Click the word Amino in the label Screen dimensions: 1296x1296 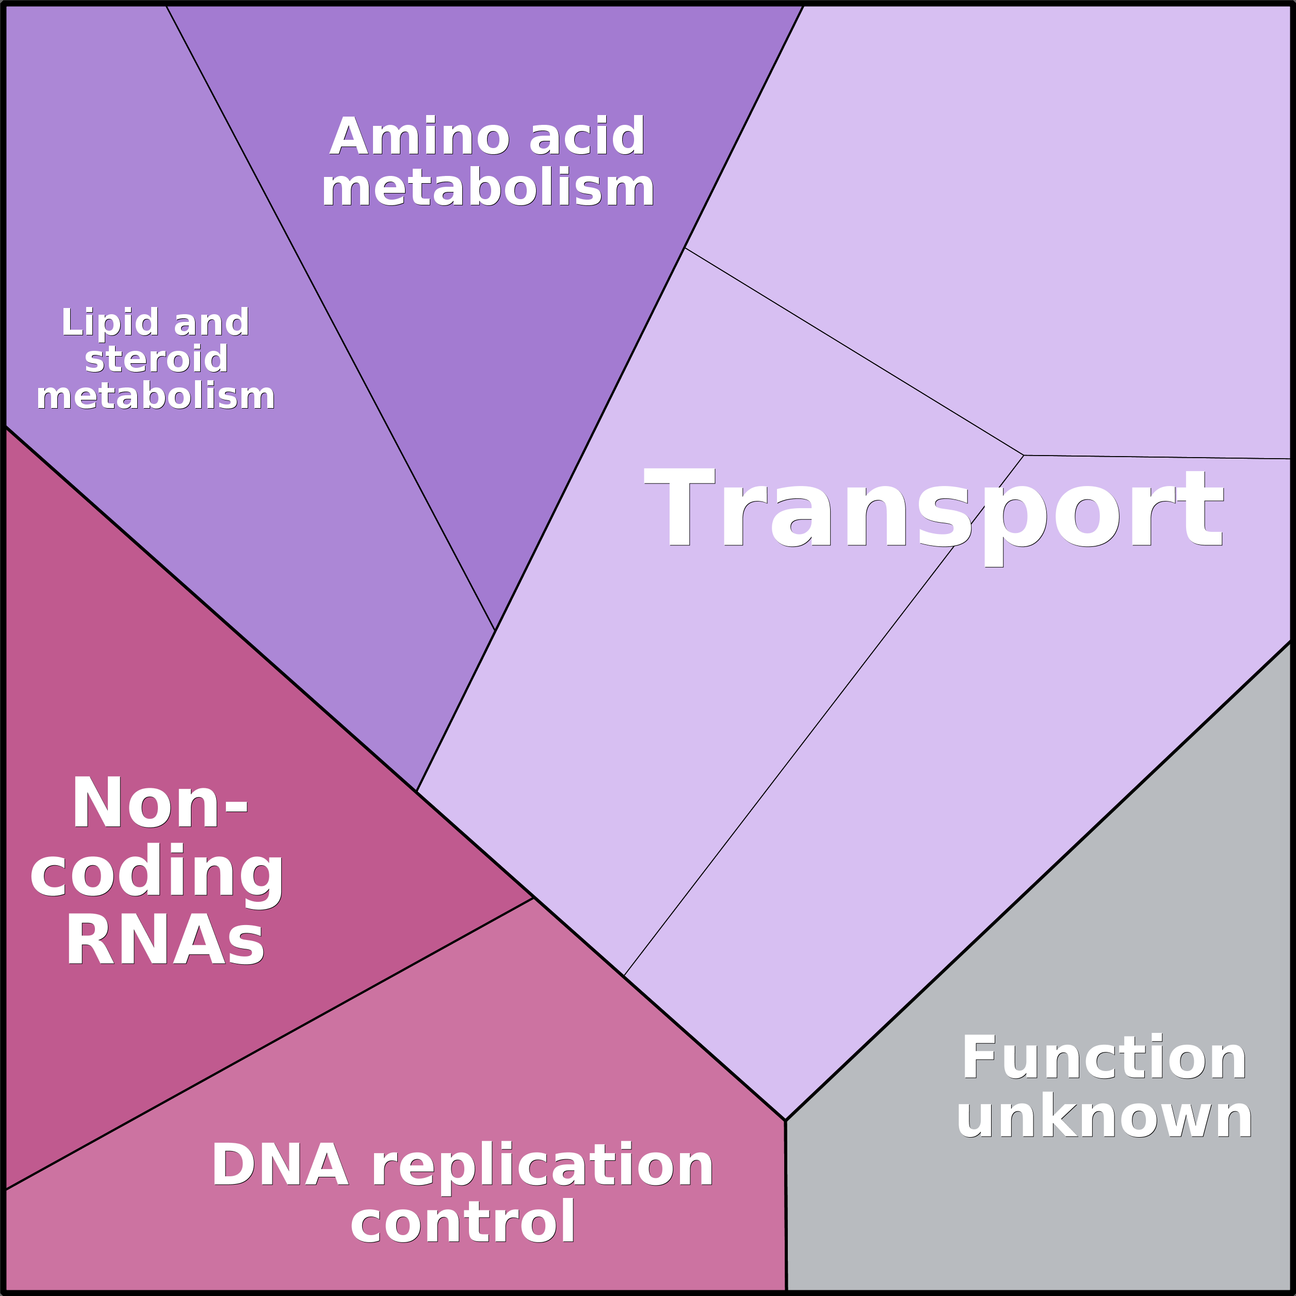[420, 136]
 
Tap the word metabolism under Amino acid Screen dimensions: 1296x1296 [488, 188]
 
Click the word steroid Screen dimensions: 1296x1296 [156, 359]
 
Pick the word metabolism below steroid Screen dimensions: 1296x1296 [156, 396]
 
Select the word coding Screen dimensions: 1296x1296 [157, 872]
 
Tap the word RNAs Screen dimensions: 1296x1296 [165, 940]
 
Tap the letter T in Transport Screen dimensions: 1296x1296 [679, 507]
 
